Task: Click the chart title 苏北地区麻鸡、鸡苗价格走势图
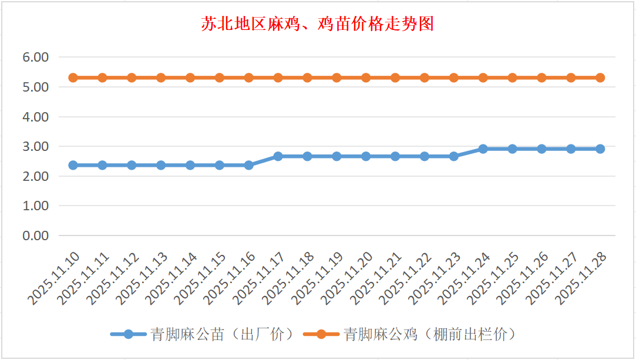point(318,24)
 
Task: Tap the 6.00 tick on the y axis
point(35,58)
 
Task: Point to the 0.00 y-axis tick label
point(35,235)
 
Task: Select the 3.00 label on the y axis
point(35,146)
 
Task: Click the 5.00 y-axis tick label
point(35,87)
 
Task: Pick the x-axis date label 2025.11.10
point(55,280)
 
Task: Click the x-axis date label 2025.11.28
point(582,280)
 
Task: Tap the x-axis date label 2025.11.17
point(260,280)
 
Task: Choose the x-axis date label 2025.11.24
point(465,280)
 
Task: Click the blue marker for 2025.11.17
point(278,156)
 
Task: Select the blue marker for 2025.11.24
point(483,149)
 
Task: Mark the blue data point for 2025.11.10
point(73,165)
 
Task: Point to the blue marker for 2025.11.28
point(600,149)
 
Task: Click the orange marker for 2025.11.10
point(73,78)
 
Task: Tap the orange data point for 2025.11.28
point(600,78)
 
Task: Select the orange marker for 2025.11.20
point(366,78)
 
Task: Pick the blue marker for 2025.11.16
point(248,165)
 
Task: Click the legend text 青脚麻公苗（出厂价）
point(221,334)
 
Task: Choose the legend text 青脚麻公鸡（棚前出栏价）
point(430,334)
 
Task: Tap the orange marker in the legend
point(321,334)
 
